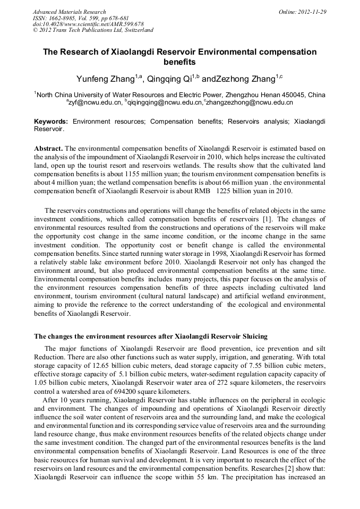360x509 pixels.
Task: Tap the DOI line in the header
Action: [88, 24]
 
